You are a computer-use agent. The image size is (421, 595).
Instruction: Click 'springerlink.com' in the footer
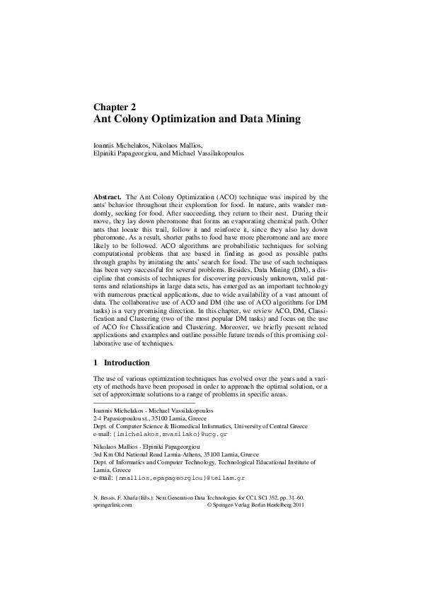coord(113,506)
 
